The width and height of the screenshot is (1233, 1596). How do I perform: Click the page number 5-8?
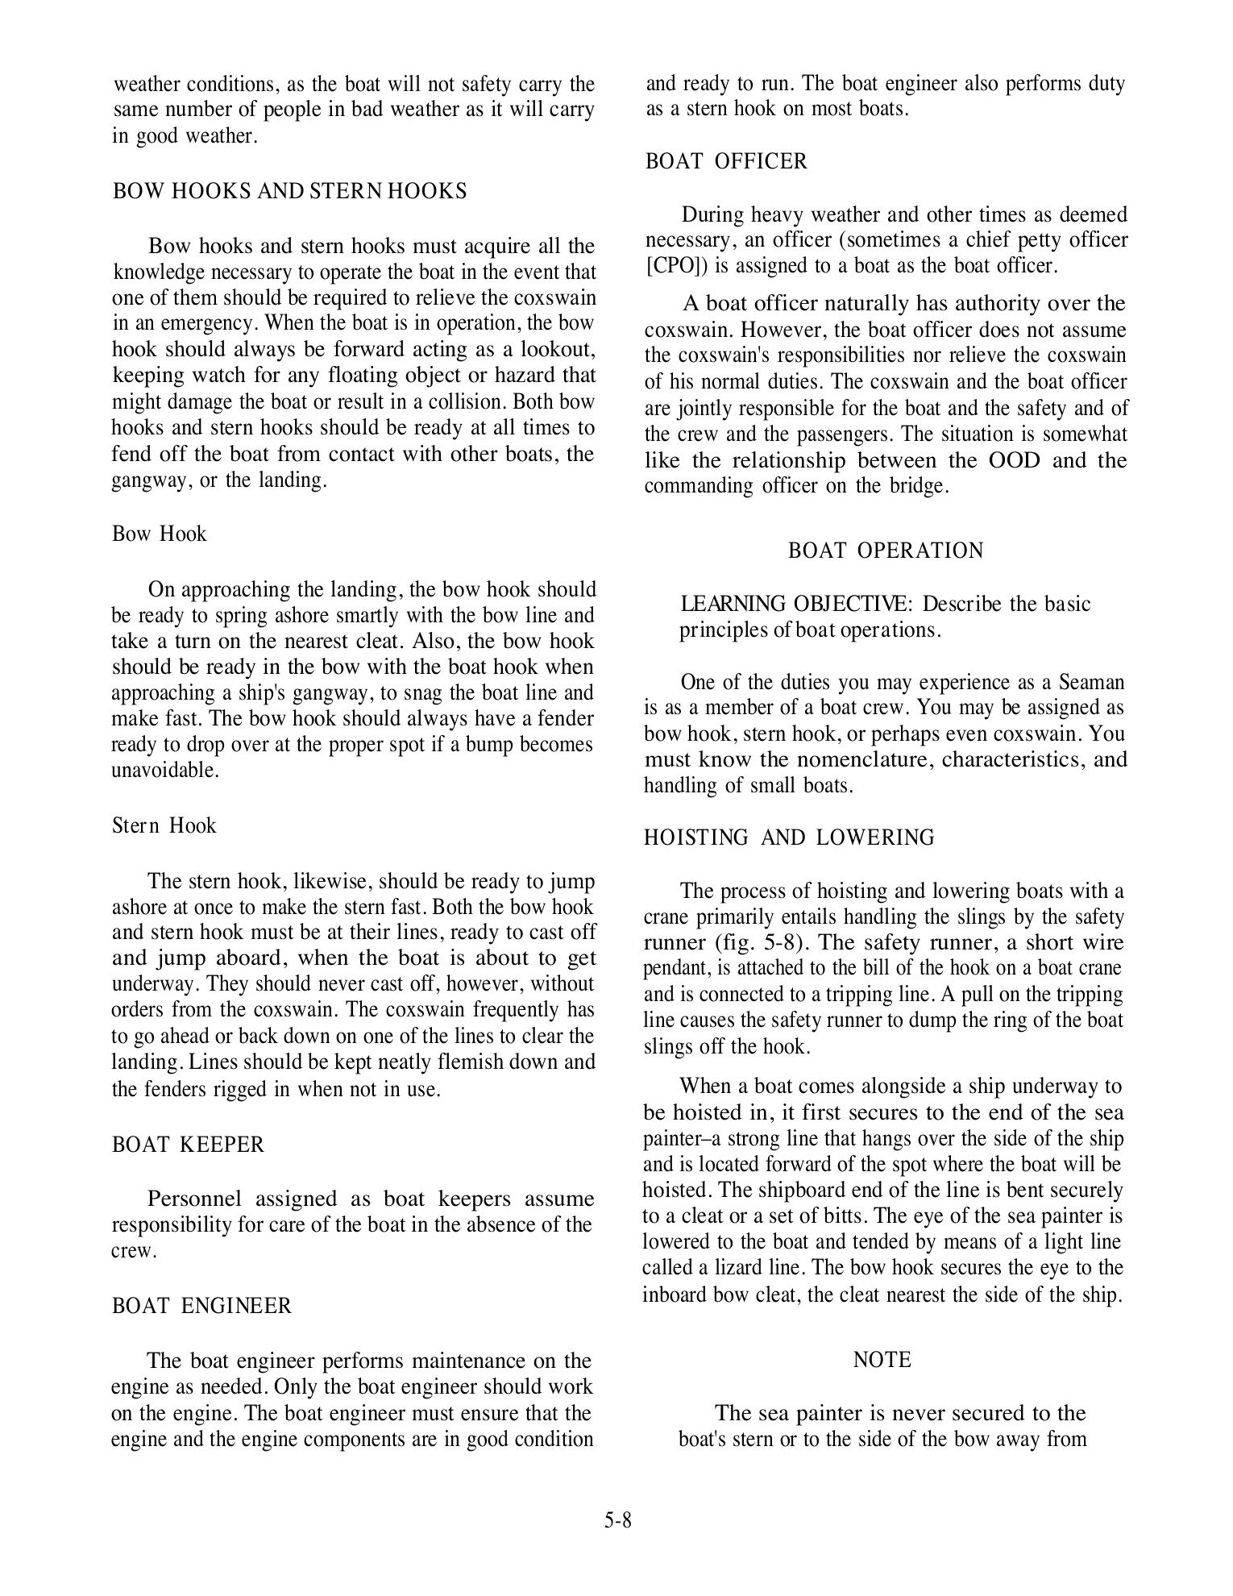[x=617, y=1520]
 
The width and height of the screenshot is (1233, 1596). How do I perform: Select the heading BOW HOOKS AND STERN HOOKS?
[x=289, y=191]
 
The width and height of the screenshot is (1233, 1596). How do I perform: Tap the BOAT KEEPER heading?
[x=188, y=1145]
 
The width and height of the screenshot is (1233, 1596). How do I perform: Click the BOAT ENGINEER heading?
[x=201, y=1305]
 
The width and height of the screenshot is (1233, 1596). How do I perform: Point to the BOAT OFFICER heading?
[x=726, y=161]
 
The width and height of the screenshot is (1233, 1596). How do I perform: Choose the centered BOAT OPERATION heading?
[x=886, y=551]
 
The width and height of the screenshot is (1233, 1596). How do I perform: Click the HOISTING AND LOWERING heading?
[x=789, y=837]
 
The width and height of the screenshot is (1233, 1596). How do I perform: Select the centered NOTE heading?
[x=882, y=1360]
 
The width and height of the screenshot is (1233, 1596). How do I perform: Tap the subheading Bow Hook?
[x=160, y=534]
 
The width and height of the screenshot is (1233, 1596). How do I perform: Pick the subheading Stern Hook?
[x=164, y=825]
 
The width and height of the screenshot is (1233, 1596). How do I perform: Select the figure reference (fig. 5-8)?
[x=758, y=942]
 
